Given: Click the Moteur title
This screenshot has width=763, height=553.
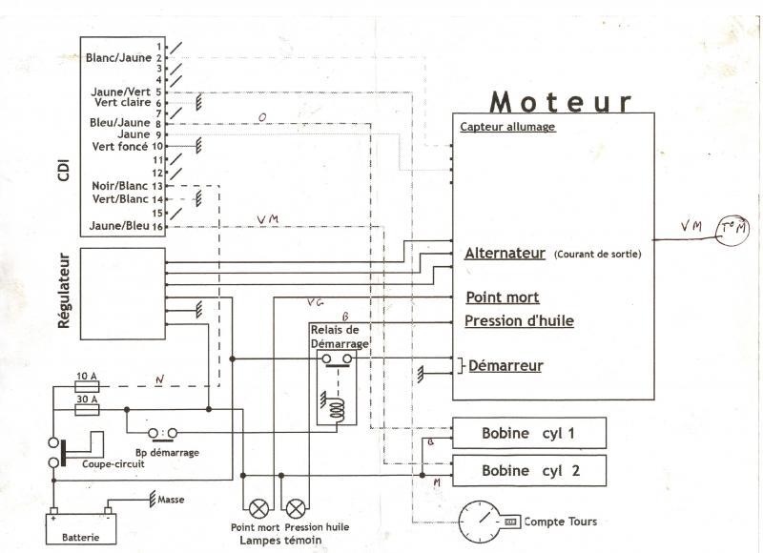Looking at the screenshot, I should (561, 101).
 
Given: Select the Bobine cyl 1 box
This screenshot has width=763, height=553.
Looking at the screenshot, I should (528, 434).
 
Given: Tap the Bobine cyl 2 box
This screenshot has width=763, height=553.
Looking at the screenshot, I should (528, 470).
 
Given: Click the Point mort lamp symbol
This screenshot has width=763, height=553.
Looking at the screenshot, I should (257, 507).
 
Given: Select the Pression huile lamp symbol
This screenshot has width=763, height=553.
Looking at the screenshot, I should (297, 507).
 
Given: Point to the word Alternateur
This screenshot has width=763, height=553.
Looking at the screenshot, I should (505, 254).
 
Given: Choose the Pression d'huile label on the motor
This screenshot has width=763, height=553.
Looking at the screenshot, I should (519, 321).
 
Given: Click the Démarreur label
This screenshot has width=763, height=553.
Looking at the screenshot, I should (505, 366).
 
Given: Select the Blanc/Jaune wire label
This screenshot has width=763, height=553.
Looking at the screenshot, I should (118, 58).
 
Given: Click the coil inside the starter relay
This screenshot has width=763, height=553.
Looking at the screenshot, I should (337, 411).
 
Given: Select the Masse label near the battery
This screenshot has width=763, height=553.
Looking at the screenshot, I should (172, 500).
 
